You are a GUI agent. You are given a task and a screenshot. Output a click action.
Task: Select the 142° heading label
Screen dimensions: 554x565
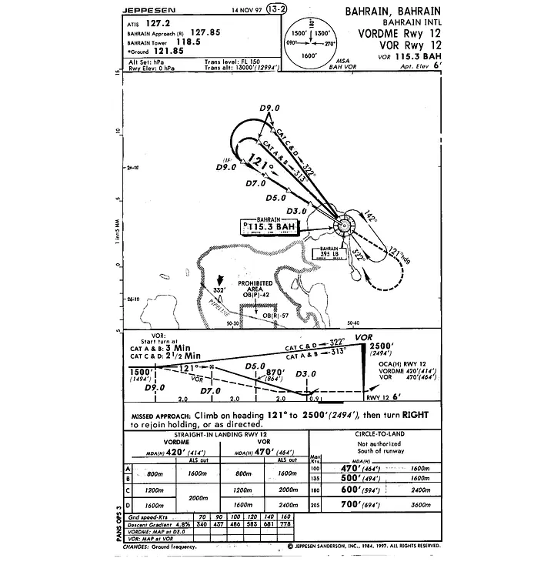(x=369, y=219)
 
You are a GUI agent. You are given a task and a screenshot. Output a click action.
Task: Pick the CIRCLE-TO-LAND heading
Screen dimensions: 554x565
(x=375, y=433)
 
